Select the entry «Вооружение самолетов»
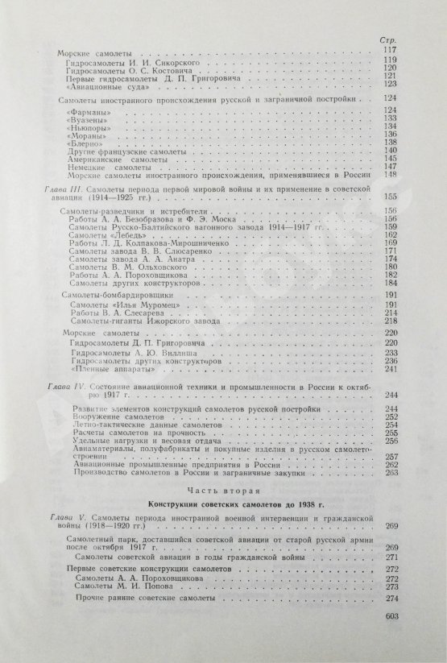coord(104,418)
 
